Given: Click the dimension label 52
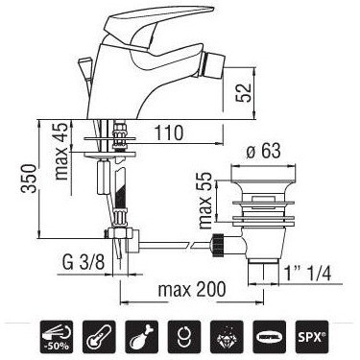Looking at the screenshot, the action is tap(244, 93).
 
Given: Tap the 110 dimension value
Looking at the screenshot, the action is tap(169, 132).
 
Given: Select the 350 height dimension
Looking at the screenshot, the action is tap(29, 179).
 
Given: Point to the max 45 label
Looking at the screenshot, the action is tap(60, 151).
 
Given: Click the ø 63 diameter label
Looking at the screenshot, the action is tap(263, 151).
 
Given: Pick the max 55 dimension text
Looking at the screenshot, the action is tap(205, 201).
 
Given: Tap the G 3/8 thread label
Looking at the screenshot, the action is tap(84, 263).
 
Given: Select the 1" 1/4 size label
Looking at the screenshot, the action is tap(307, 274).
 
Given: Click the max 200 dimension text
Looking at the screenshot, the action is tap(192, 290).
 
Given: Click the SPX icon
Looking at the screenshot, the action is tap(312, 337).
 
